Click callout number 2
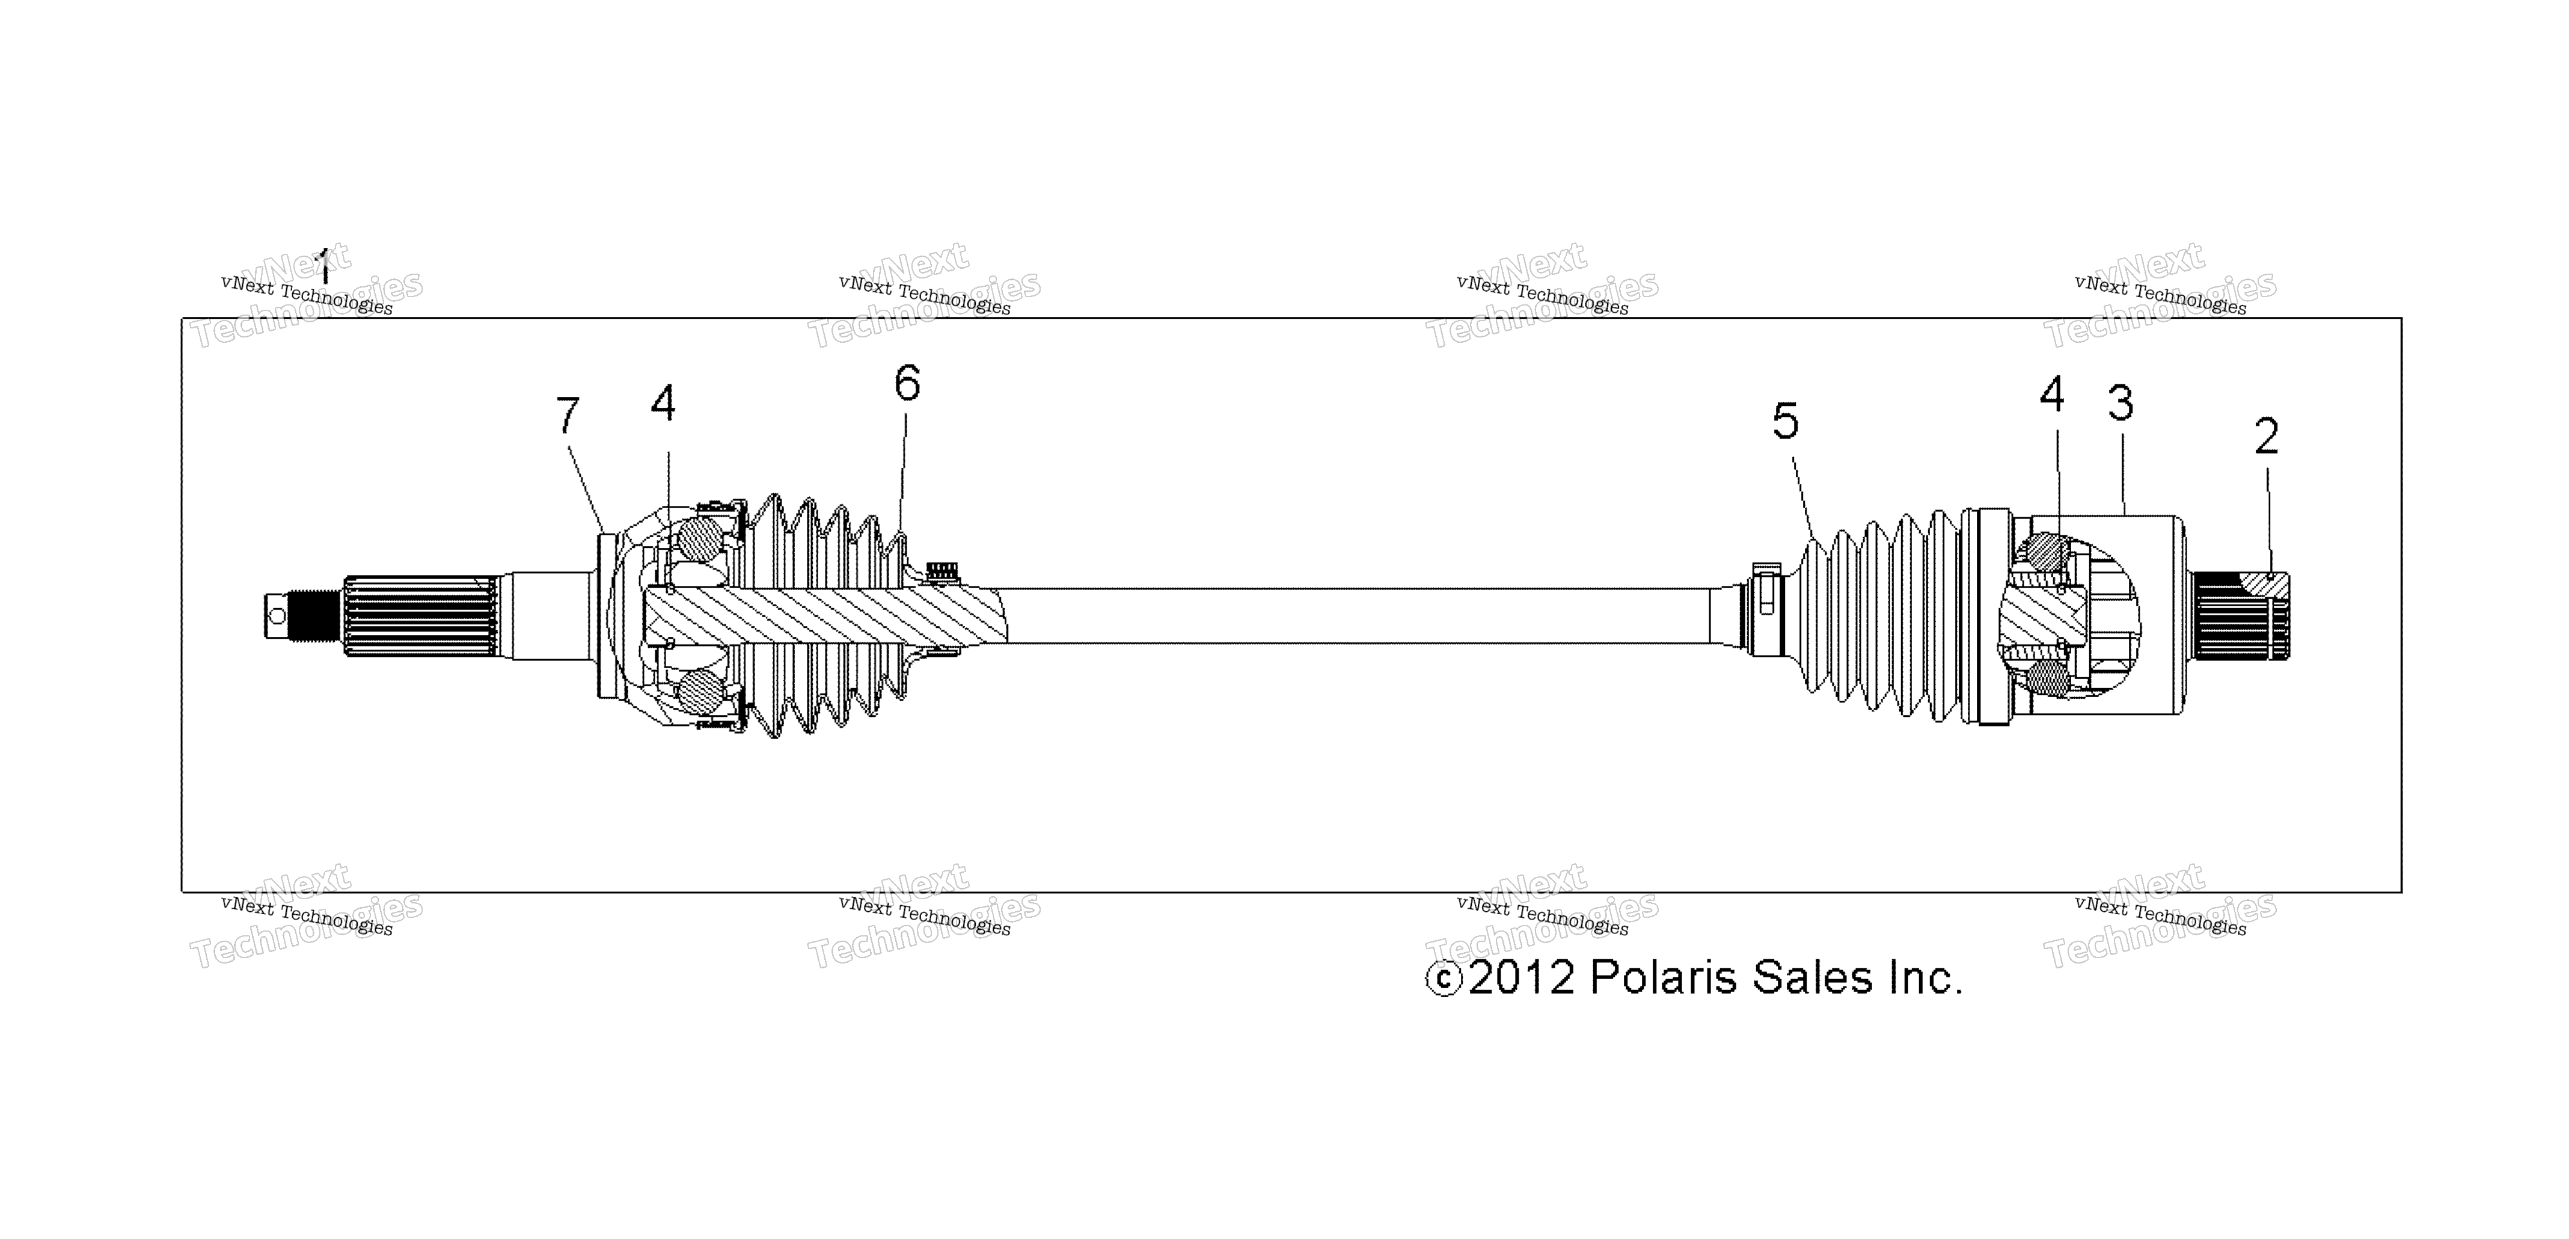2267,436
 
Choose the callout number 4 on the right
2051,395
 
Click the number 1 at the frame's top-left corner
322,268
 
